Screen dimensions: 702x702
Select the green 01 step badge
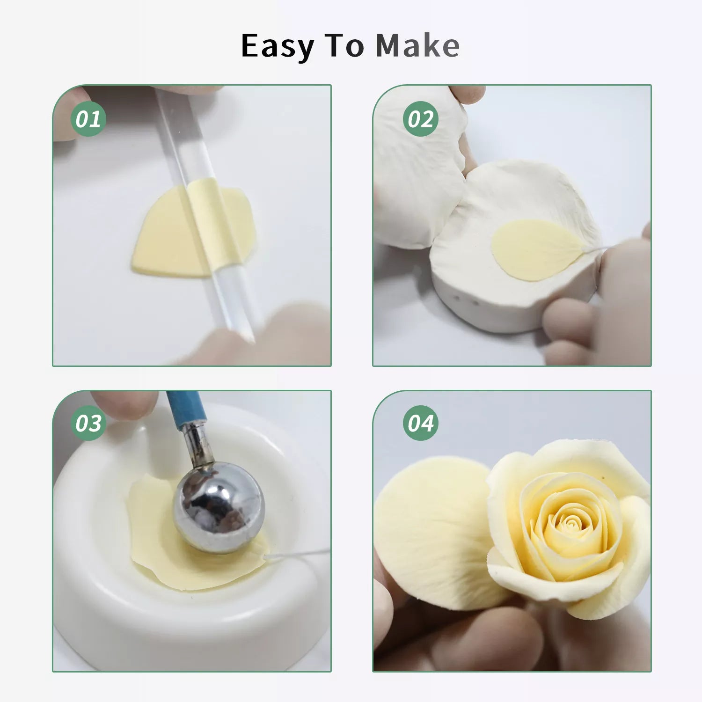point(88,119)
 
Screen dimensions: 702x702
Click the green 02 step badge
point(420,119)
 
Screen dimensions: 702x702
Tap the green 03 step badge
point(88,423)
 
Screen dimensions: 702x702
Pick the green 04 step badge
point(420,423)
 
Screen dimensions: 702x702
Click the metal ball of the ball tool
point(219,507)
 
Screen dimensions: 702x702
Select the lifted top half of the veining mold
point(419,168)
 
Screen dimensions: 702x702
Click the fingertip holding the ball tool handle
point(124,404)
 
